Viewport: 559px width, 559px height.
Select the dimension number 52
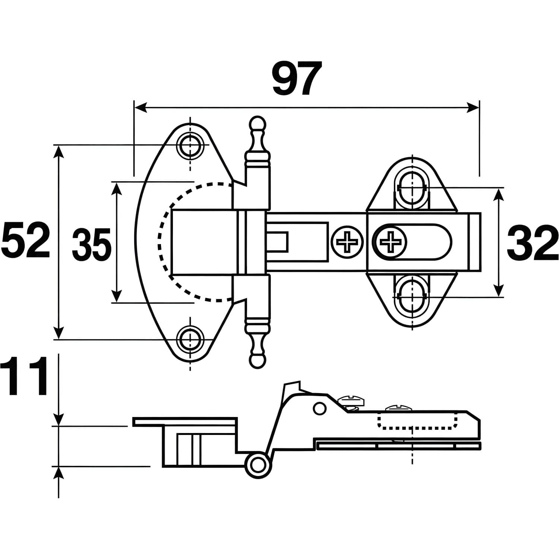pos(26,240)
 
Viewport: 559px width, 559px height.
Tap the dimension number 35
pos(92,244)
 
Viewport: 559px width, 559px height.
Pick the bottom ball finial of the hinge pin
pos(257,361)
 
